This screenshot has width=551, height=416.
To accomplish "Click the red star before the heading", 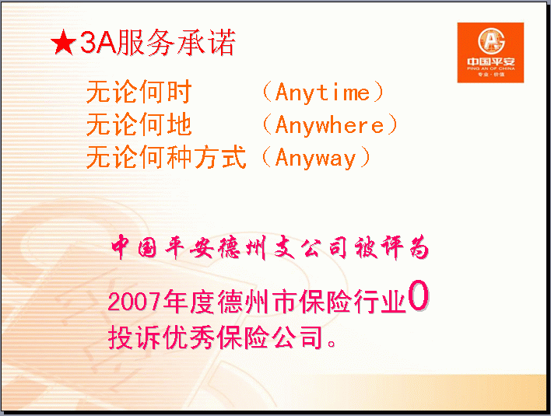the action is click(x=63, y=43).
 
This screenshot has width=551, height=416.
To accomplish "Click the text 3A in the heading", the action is click(x=98, y=43).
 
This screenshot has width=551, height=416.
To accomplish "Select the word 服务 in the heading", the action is click(x=146, y=43).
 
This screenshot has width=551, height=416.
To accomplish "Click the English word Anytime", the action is click(x=323, y=93).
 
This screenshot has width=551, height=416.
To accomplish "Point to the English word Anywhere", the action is click(x=329, y=125).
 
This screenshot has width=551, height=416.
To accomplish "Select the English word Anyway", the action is click(x=315, y=158).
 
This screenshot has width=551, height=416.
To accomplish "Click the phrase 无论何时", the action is click(x=139, y=92).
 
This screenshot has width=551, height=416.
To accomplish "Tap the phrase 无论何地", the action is click(x=139, y=124).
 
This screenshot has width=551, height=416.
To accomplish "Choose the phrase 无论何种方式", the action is click(x=167, y=157).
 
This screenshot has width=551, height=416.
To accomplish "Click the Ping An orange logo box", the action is click(x=490, y=53).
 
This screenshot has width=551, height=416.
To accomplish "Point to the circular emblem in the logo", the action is click(x=491, y=41).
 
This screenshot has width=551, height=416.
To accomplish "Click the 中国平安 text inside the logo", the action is click(x=491, y=61).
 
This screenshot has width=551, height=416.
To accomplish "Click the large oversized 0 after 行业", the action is click(x=418, y=295).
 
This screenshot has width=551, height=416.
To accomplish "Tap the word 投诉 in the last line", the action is click(x=135, y=337).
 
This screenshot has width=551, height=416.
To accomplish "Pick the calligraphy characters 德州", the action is click(x=242, y=247).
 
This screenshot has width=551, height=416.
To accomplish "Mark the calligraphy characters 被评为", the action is click(x=391, y=247).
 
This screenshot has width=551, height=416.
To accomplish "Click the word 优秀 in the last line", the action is click(x=189, y=337).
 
